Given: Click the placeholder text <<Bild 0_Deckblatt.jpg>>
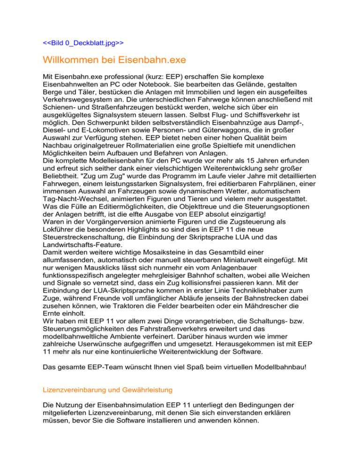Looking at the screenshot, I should point(83,43).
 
